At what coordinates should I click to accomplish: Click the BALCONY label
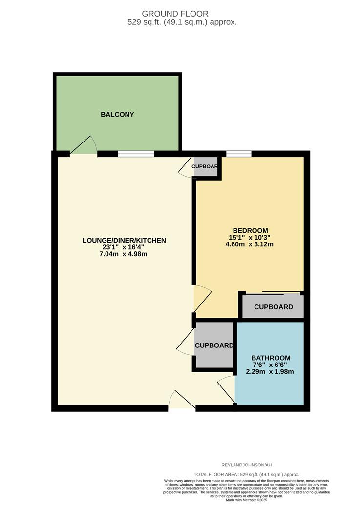coord(117,115)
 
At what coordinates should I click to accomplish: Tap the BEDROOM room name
coord(250,230)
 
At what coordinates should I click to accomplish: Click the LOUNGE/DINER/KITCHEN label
coord(124,240)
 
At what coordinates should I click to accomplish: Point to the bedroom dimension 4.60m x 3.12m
coord(250,244)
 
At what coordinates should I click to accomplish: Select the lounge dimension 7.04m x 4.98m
coord(124,254)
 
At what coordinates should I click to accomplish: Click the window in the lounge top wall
coord(136,154)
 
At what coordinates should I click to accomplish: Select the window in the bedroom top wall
coord(238,154)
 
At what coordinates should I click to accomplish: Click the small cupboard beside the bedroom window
coord(205,166)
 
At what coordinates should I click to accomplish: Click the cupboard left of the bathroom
coord(213,345)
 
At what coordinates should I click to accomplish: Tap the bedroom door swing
coord(202,299)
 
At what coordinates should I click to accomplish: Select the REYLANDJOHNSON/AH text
coord(246,465)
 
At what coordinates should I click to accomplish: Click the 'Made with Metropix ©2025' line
coord(246,500)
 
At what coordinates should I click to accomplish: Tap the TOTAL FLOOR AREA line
coord(246,474)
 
